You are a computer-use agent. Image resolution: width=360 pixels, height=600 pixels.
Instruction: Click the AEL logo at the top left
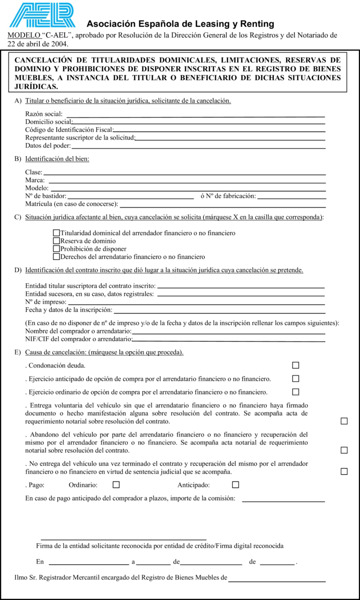click(42, 15)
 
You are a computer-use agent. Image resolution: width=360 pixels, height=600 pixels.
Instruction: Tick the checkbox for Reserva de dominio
click(57, 241)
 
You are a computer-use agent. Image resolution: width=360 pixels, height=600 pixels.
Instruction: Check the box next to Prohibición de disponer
click(57, 249)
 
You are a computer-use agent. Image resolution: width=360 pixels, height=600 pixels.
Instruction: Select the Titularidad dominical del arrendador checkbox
click(57, 233)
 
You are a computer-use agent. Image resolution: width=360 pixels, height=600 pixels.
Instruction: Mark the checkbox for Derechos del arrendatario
click(57, 257)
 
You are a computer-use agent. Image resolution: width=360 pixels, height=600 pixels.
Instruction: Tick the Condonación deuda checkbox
click(296, 365)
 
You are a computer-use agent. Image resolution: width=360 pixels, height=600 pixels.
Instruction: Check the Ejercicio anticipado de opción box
click(296, 378)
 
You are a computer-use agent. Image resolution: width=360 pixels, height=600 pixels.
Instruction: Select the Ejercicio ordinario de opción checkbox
click(296, 392)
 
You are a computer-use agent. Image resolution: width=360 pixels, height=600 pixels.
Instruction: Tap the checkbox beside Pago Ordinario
click(116, 485)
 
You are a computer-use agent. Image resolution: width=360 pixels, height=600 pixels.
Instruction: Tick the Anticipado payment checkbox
click(235, 485)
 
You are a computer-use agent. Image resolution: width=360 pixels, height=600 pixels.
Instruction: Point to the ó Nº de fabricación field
click(291, 197)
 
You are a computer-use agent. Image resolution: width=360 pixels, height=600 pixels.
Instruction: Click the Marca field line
click(187, 181)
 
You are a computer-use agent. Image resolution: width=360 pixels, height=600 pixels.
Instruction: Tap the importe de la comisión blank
click(283, 499)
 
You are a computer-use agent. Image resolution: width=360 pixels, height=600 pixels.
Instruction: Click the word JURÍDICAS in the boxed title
click(37, 87)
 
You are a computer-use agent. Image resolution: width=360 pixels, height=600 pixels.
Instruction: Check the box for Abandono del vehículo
click(344, 450)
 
